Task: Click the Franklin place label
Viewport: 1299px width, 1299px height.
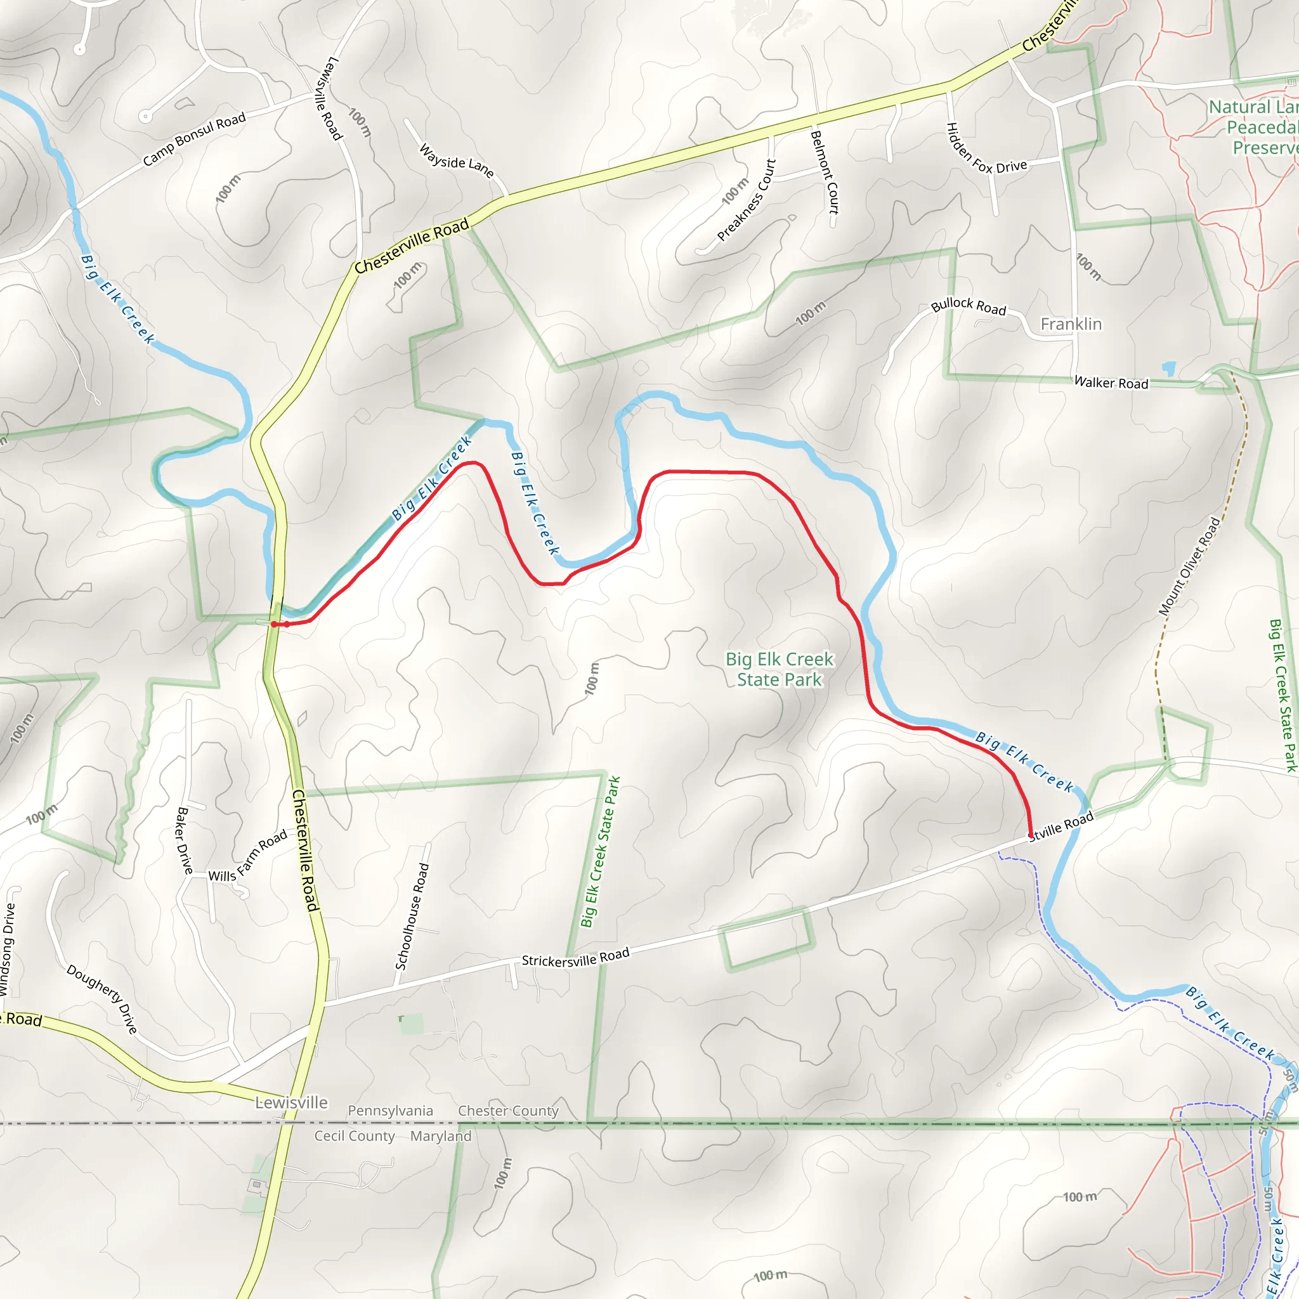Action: [1071, 324]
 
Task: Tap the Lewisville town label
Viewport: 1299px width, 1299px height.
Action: [291, 1102]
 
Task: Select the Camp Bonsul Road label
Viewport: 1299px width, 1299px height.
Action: [194, 139]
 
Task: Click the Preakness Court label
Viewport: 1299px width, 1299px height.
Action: [747, 200]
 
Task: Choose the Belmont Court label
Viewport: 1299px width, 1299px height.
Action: [825, 172]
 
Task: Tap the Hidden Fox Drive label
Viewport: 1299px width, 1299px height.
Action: [986, 152]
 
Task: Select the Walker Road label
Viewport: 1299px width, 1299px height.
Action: [1111, 382]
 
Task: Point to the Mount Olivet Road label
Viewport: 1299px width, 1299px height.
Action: [1189, 566]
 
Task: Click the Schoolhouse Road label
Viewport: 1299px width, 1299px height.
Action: [412, 917]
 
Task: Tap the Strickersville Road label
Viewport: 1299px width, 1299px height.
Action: [575, 957]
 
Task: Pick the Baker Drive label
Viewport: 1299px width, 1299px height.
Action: [183, 840]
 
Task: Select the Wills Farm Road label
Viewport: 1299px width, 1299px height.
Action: [247, 856]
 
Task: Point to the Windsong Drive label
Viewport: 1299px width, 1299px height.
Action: [8, 949]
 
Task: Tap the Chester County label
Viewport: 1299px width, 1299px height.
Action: [508, 1111]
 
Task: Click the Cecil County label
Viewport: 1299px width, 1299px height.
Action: [355, 1136]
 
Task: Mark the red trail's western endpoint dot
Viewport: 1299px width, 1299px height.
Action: [274, 625]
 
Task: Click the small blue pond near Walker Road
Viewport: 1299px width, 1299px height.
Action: [1169, 369]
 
